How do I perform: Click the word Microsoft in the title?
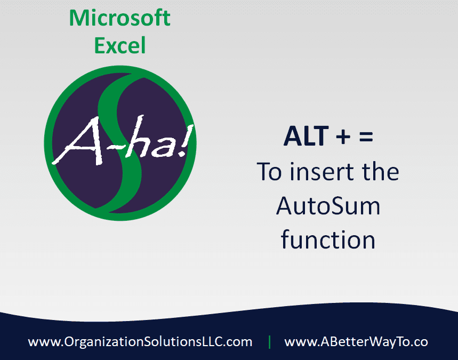[120, 18]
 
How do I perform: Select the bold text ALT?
[306, 137]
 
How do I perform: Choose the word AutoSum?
[328, 206]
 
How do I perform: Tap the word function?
[328, 240]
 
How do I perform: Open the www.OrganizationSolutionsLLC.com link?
[140, 341]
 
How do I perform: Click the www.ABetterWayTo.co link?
[356, 341]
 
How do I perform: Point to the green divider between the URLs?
[269, 341]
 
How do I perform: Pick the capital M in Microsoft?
[78, 18]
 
